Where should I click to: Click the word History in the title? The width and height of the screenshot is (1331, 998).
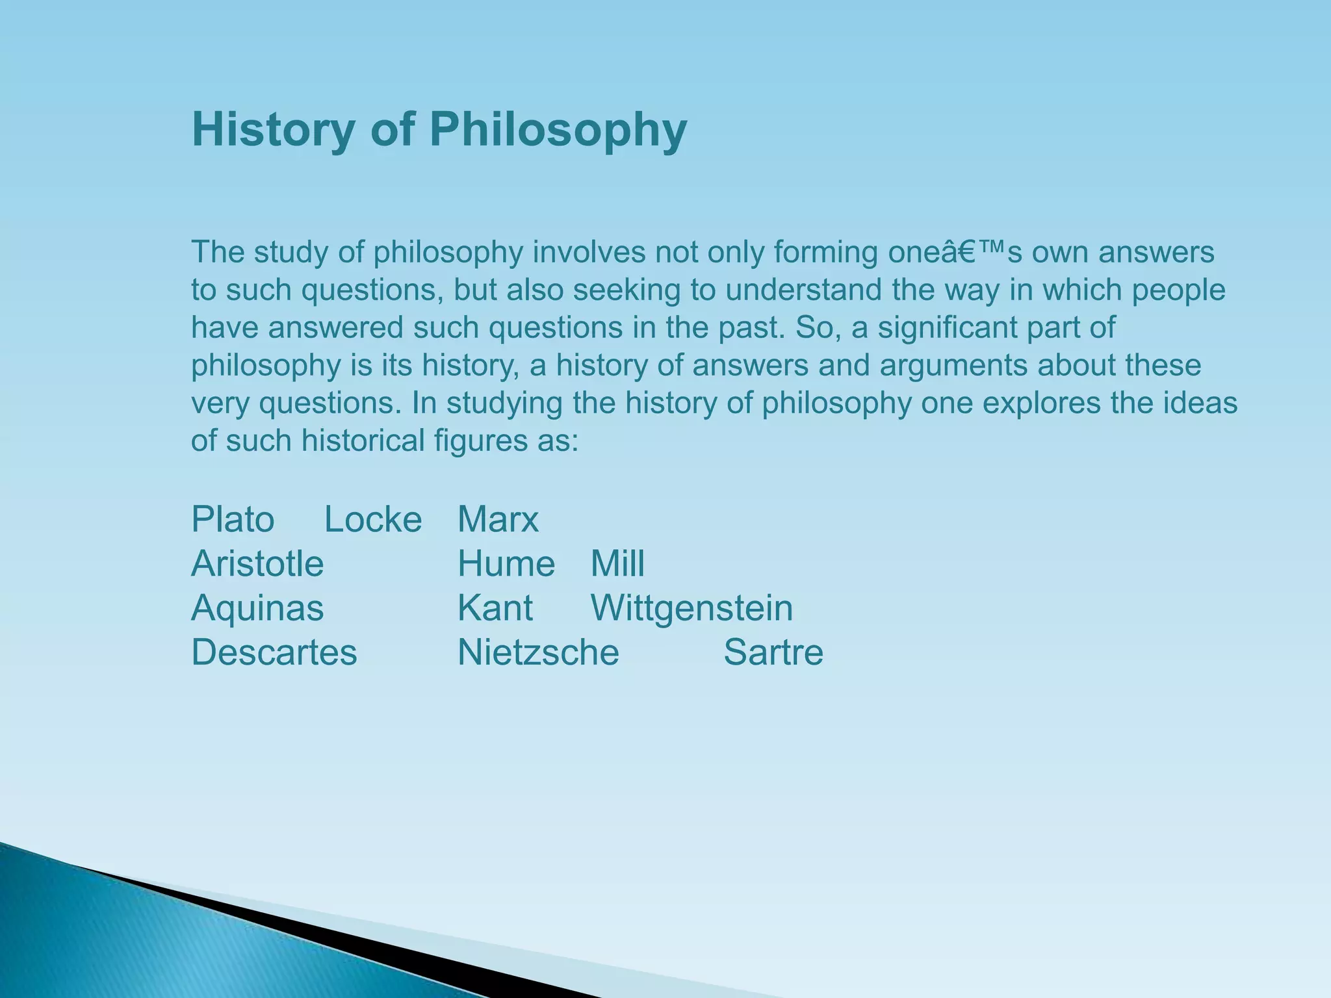coord(273,130)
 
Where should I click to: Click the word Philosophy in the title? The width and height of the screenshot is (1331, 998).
coord(558,130)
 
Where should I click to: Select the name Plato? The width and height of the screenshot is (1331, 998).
coord(233,520)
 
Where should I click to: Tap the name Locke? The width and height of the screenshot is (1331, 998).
coord(373,520)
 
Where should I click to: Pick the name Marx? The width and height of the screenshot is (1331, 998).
coord(498,520)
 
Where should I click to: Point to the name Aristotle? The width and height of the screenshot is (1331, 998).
coord(257,564)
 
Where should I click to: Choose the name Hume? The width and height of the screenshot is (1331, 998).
coord(506,564)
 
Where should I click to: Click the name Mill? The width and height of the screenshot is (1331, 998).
coord(617,564)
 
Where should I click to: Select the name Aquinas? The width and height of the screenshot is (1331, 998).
coord(257,608)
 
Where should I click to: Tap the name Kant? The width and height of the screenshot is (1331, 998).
coord(495,608)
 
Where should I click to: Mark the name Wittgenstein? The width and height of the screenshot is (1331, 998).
coord(691,608)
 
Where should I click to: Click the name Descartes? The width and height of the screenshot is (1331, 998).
coord(274,652)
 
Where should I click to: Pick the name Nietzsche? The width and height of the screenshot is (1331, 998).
coord(538,652)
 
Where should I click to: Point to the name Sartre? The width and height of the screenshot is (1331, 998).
coord(773,652)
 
